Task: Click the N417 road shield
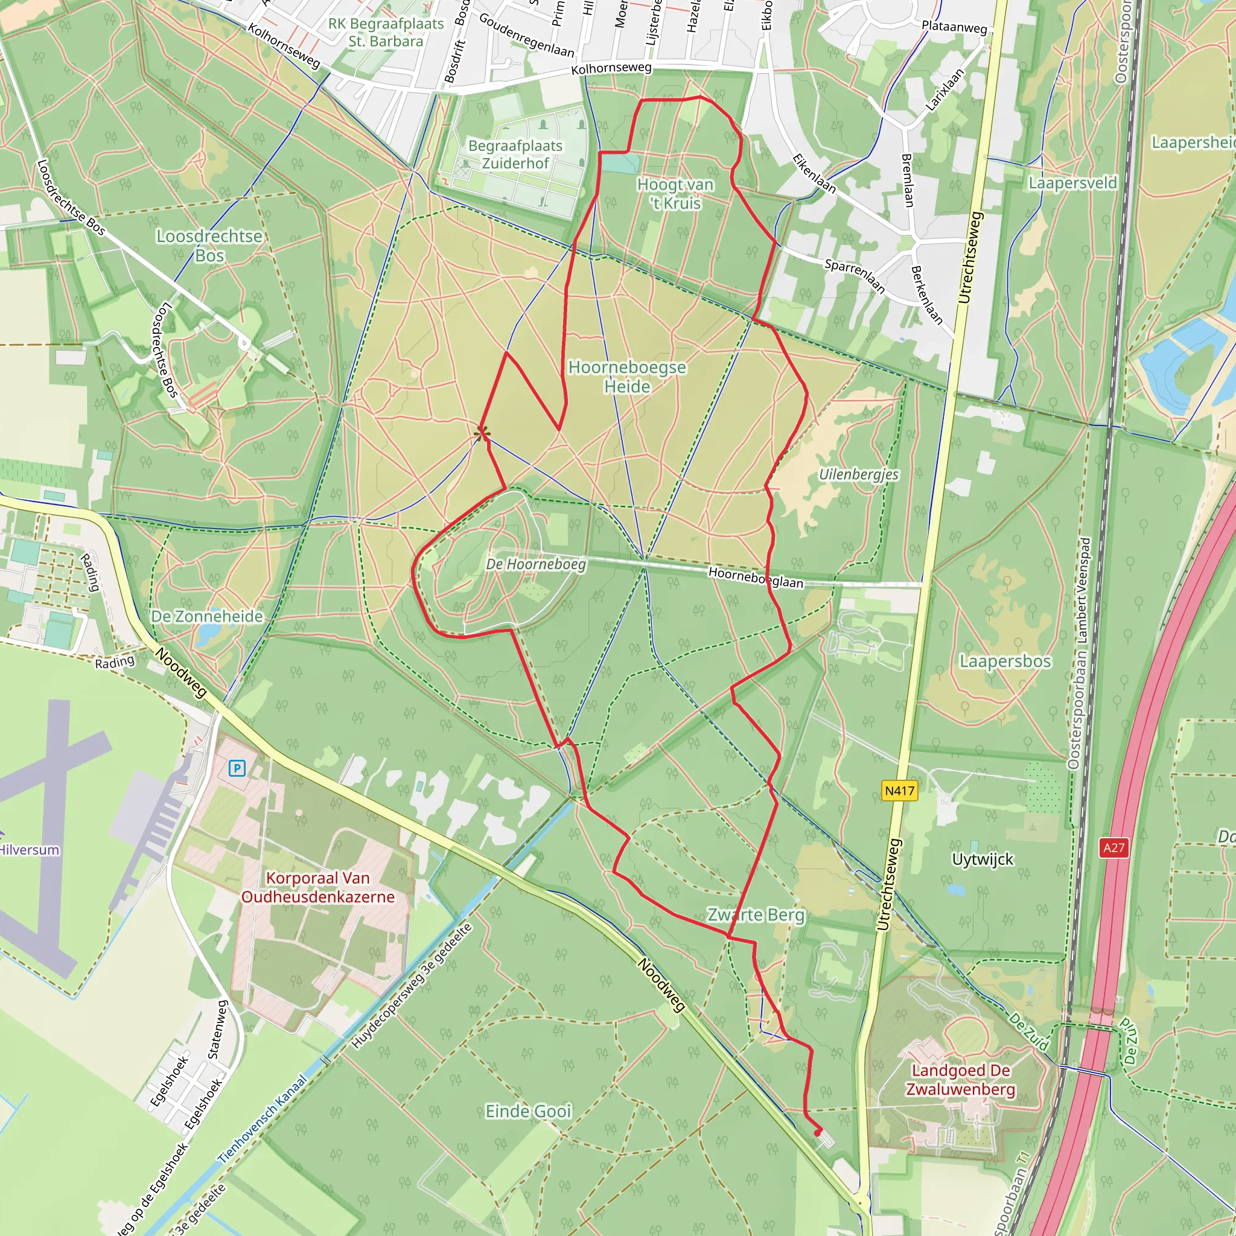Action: tap(899, 791)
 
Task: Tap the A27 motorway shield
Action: tap(1113, 848)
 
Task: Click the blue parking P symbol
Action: tap(237, 768)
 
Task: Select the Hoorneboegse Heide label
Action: tap(627, 377)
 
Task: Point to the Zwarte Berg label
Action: tap(756, 915)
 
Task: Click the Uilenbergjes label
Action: tap(859, 475)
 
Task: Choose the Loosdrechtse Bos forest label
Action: tap(209, 246)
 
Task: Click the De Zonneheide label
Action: tap(206, 616)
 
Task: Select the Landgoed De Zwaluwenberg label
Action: tap(960, 1080)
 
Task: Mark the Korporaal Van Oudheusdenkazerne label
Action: tap(318, 887)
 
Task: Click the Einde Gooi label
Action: tap(528, 1111)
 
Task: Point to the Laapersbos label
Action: tap(1005, 661)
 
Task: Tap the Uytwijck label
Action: tap(983, 859)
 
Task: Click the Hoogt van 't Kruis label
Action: tap(675, 193)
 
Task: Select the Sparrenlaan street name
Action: tap(855, 276)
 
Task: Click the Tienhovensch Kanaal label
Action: tap(263, 1120)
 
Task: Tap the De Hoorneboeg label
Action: tap(535, 564)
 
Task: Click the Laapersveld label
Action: tap(1072, 183)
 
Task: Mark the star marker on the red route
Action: tap(482, 434)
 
